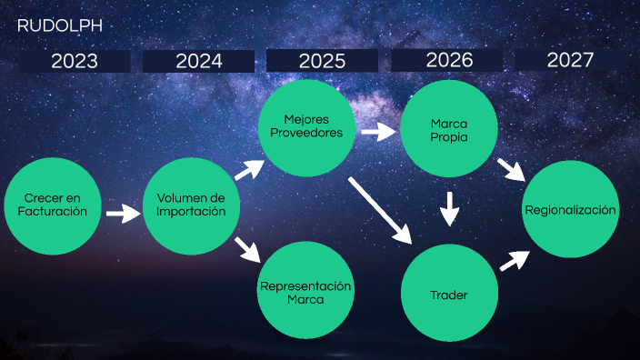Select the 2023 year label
(74, 61)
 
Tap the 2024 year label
(198, 61)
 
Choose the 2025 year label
(322, 61)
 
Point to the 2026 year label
(448, 60)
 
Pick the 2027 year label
(570, 60)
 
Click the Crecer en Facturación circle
(52, 205)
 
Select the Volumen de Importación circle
(191, 205)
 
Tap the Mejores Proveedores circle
(305, 126)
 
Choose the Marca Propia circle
(448, 130)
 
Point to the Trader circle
(449, 294)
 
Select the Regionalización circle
(570, 209)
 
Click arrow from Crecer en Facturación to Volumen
(122, 214)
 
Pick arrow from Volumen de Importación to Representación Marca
(245, 249)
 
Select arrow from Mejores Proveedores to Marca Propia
(378, 133)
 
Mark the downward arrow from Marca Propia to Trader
(449, 208)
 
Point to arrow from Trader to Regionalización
(515, 260)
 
